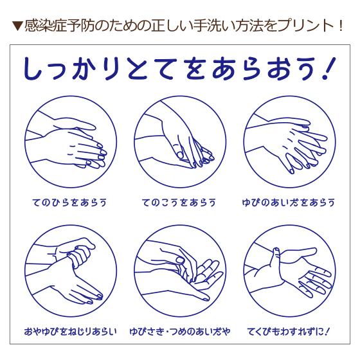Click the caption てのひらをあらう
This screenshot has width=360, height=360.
point(69,203)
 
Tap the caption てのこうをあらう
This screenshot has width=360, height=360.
point(179,203)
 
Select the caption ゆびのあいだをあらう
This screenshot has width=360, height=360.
point(289,203)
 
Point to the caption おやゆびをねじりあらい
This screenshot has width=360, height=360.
point(70,332)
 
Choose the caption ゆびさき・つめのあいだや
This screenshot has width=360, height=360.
point(180,332)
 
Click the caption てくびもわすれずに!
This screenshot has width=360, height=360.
point(288,332)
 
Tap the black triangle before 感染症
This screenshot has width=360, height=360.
point(17,26)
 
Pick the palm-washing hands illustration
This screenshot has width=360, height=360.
point(71,142)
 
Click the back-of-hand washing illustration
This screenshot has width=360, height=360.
point(180,142)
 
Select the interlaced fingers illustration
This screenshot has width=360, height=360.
point(289,142)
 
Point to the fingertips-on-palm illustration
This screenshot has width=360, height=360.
point(180,271)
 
